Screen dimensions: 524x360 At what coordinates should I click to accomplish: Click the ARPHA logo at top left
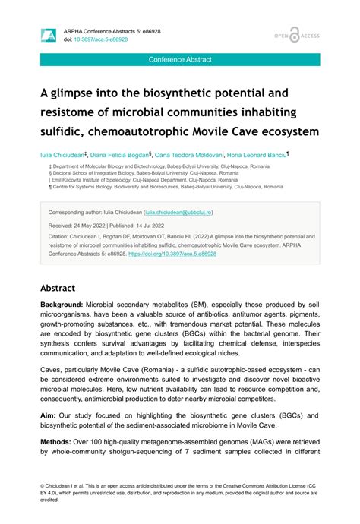point(49,34)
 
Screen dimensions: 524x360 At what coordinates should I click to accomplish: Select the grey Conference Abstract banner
point(180,59)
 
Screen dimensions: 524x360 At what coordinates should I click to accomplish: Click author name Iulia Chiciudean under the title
point(64,154)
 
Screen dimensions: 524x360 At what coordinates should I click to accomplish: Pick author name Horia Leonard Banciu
point(257,154)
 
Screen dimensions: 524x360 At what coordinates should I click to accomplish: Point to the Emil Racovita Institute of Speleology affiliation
point(120,179)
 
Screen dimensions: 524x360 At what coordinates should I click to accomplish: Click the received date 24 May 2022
point(90,226)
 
